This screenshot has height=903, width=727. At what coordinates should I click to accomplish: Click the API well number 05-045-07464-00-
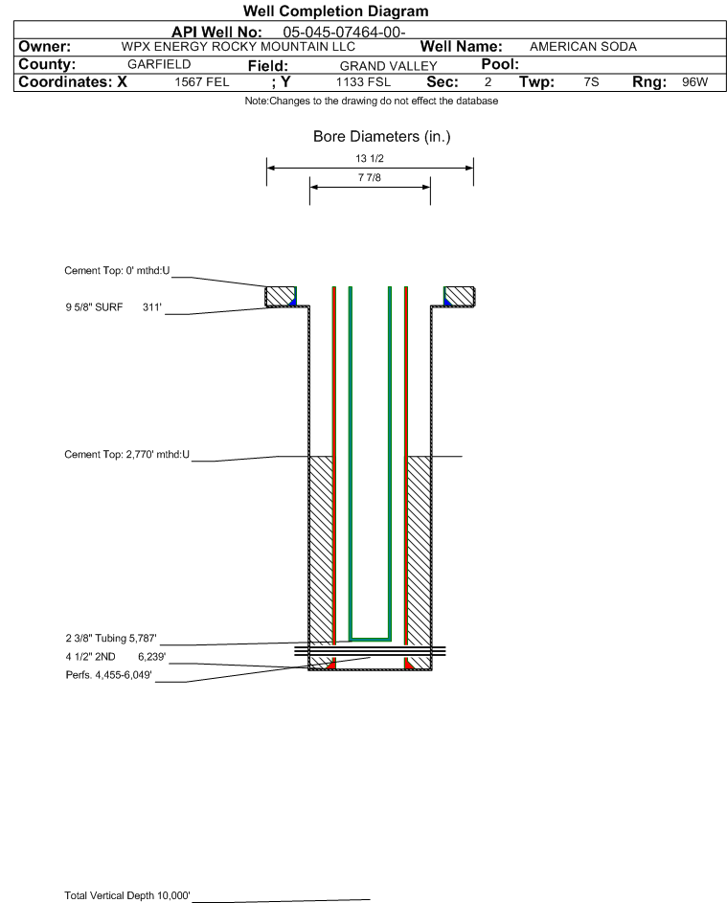(344, 33)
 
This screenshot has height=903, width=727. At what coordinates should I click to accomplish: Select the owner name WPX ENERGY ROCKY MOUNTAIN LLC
(238, 47)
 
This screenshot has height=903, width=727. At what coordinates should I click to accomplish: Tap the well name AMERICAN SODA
(583, 47)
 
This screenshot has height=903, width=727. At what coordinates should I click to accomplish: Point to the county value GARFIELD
(159, 64)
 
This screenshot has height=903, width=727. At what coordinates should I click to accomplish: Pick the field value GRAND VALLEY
(388, 66)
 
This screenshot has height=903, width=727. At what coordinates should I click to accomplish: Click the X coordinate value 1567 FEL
(201, 81)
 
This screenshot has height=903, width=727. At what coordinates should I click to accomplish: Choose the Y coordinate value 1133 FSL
(363, 81)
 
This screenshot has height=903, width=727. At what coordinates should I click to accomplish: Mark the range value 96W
(694, 81)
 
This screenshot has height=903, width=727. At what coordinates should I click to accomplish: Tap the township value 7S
(591, 81)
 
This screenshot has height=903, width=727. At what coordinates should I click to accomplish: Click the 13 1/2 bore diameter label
(370, 158)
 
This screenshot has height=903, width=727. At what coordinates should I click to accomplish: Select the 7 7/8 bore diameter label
(370, 177)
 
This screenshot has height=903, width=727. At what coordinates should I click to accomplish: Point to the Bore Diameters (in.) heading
(382, 137)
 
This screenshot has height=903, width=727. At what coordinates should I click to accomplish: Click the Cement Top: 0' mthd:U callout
(117, 271)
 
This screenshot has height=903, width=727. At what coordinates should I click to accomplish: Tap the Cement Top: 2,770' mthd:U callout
(126, 455)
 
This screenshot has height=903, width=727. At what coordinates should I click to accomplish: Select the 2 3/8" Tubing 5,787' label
(110, 638)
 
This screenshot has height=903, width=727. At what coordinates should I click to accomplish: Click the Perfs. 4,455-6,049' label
(108, 675)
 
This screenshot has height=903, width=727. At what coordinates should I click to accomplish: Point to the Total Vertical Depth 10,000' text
(126, 895)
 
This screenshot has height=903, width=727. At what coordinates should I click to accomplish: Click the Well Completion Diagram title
(336, 11)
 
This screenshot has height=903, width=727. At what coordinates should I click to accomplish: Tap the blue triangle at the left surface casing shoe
(293, 302)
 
